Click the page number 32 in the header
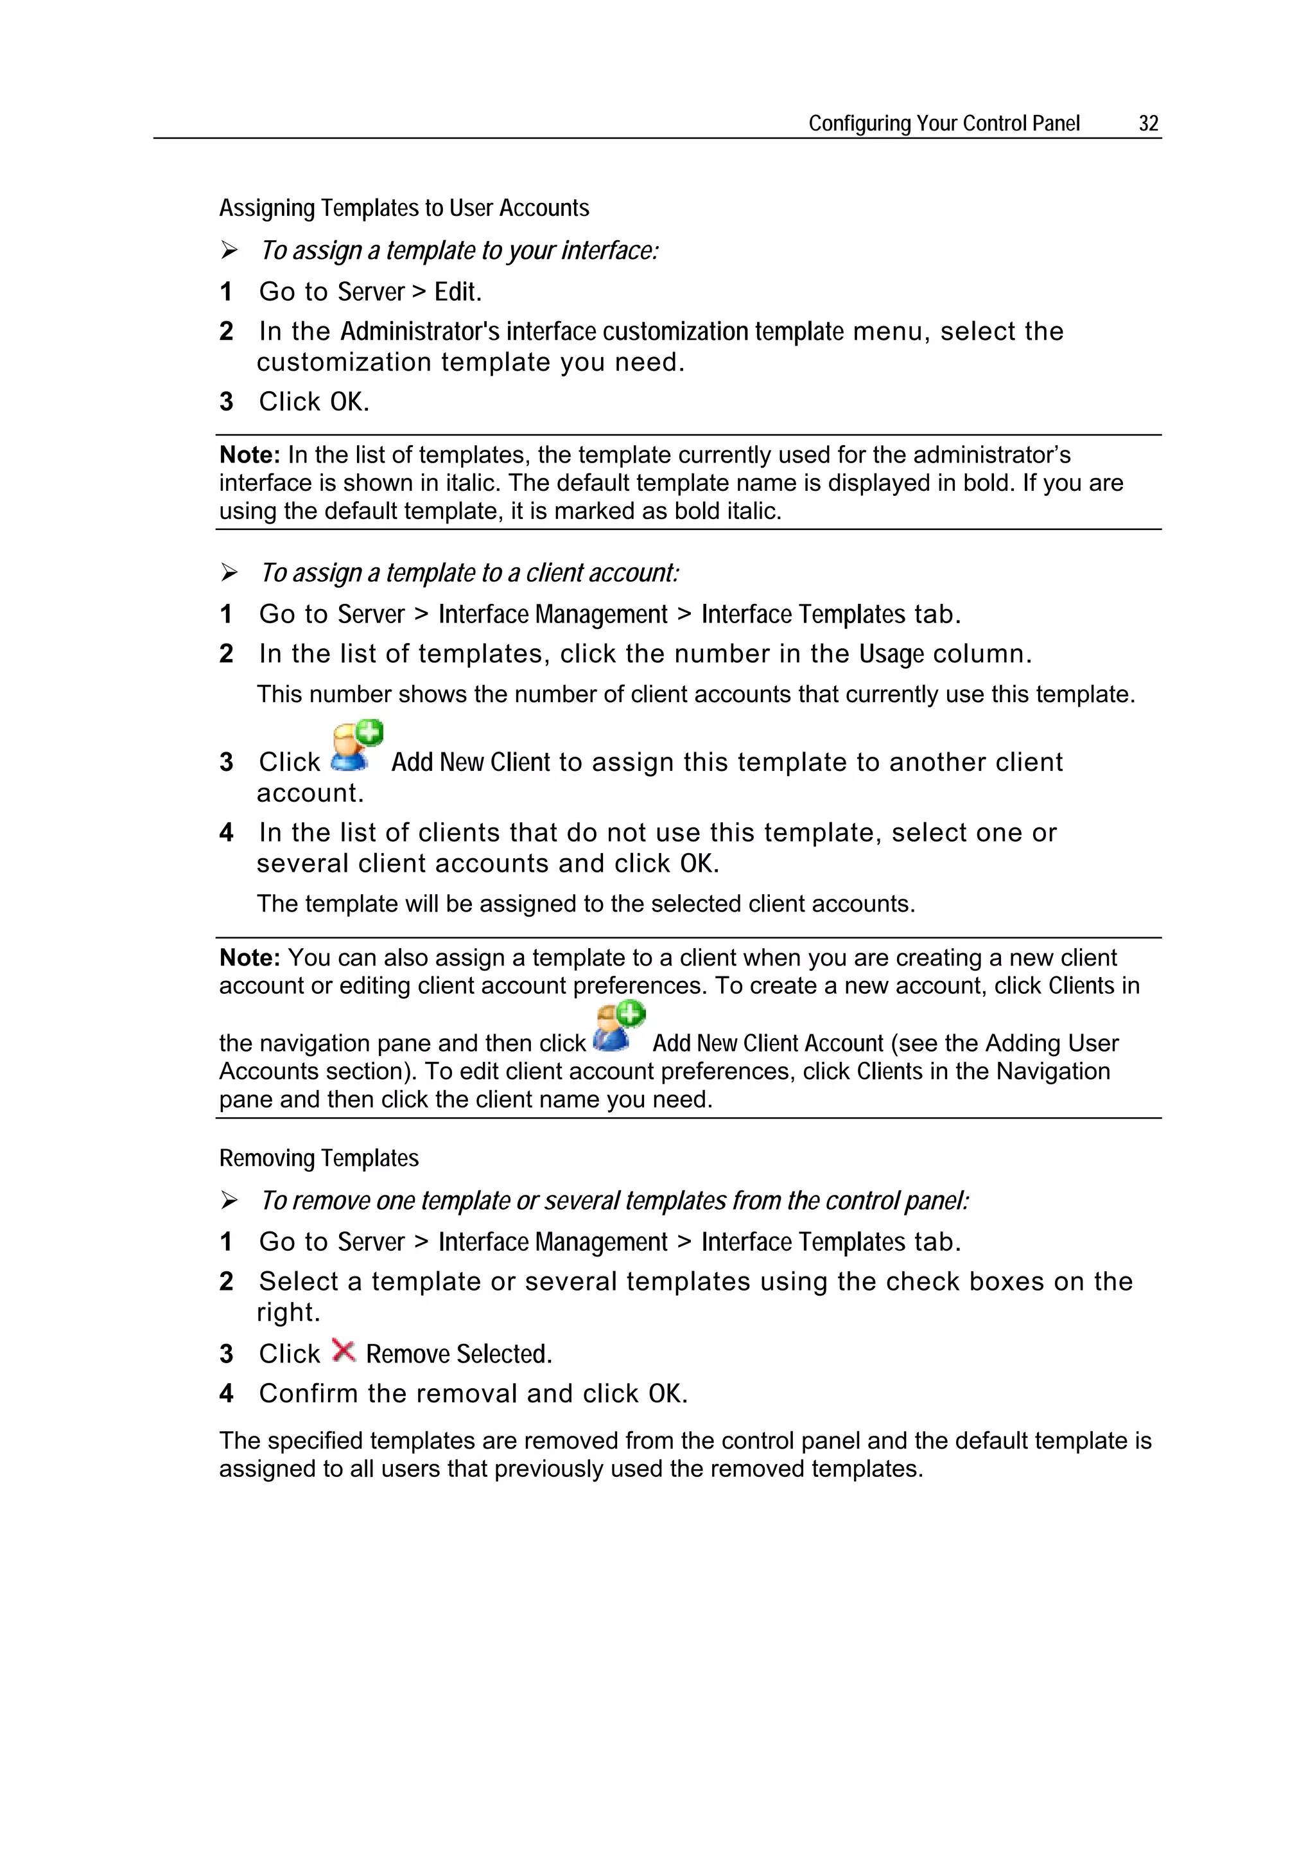[x=1148, y=123]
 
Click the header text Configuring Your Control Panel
[x=943, y=123]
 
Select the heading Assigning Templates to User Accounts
[x=403, y=208]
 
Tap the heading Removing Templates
[x=318, y=1158]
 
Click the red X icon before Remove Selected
[x=344, y=1351]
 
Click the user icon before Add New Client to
[x=356, y=746]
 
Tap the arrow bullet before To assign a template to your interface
[x=229, y=251]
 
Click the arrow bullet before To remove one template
[x=229, y=1201]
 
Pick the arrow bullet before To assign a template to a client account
[x=229, y=573]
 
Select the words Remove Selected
[x=458, y=1354]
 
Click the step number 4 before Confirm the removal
[x=226, y=1393]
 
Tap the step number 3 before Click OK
[x=226, y=402]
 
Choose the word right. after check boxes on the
[x=288, y=1312]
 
